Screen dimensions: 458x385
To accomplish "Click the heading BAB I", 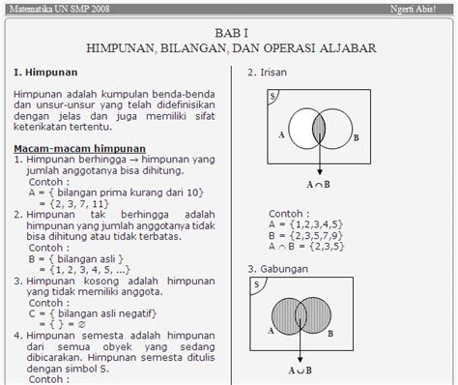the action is coord(229,31).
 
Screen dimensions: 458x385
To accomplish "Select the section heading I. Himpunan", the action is coord(46,72).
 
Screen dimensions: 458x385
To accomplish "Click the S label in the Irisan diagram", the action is coord(272,97).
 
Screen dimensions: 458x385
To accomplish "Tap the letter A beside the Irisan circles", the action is coord(281,136).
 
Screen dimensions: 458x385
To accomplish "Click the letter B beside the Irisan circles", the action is coord(357,138).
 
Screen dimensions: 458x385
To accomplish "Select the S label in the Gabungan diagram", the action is coord(256,285).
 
